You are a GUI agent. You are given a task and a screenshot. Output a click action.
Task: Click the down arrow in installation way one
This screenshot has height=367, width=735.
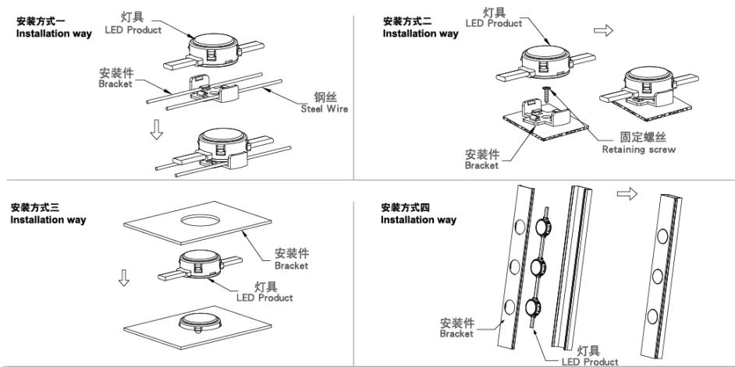click(x=157, y=132)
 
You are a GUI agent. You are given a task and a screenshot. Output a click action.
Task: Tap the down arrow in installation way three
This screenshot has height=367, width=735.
click(x=123, y=277)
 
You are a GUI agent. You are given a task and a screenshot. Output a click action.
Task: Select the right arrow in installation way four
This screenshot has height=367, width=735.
click(x=627, y=193)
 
